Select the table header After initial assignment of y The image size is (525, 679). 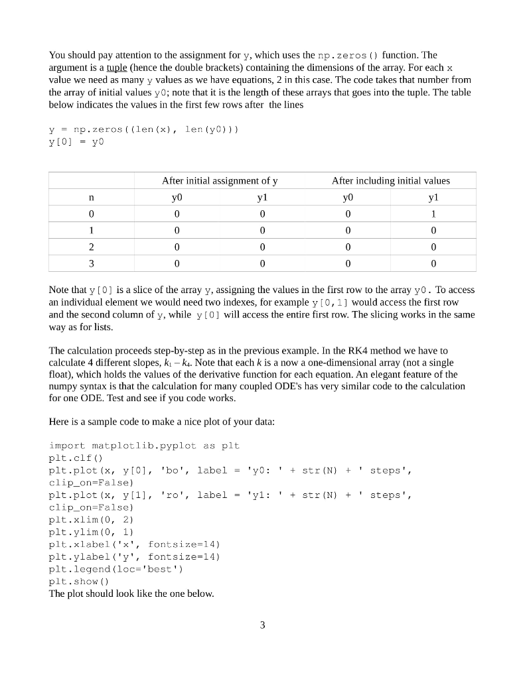click(x=220, y=180)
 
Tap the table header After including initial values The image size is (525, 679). click(x=390, y=180)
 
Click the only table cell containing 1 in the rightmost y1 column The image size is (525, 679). click(x=433, y=214)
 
